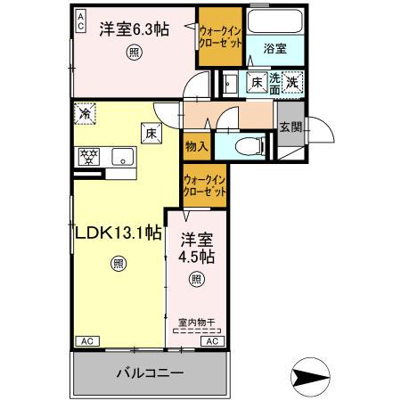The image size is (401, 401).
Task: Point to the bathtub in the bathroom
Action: (274, 23)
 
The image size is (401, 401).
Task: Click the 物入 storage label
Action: (196, 145)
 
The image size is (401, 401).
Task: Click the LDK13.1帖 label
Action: (117, 233)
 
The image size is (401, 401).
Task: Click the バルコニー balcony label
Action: (148, 372)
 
